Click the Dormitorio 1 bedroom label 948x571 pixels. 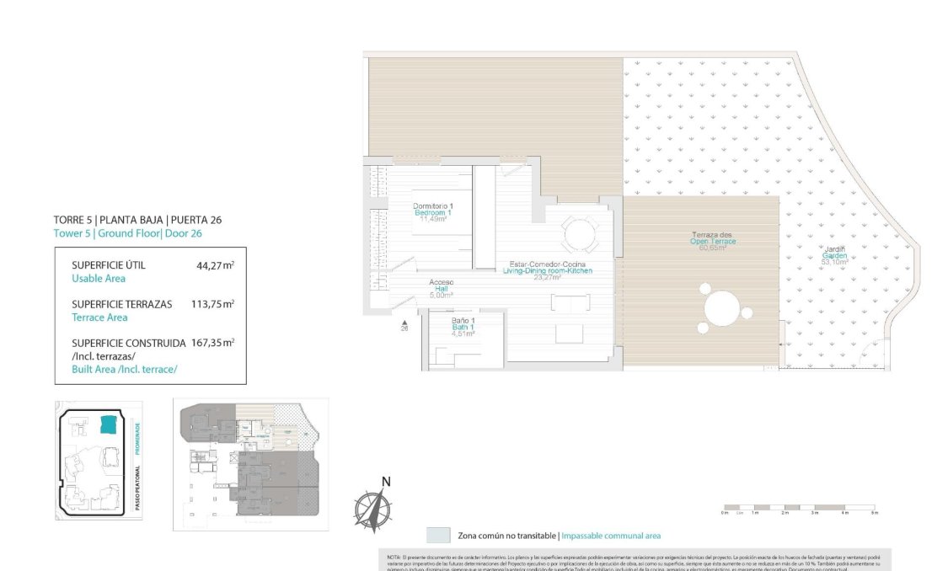click(x=433, y=212)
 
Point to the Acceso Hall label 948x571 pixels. click(x=442, y=288)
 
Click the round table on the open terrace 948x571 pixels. click(x=722, y=308)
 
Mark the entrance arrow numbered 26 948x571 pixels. click(x=404, y=325)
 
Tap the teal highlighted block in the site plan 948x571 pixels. click(x=109, y=424)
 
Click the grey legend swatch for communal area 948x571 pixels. click(x=437, y=536)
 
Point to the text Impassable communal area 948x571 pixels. click(x=611, y=536)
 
